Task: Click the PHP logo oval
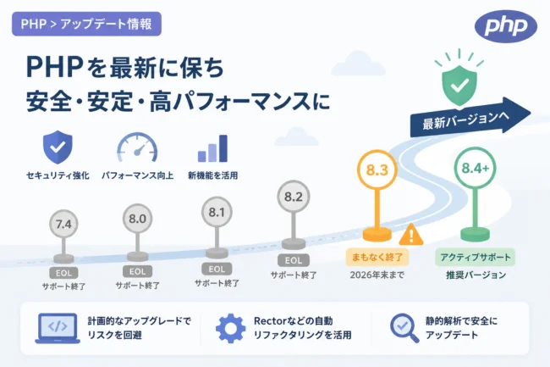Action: pos(505,26)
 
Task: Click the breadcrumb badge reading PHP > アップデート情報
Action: pos(86,24)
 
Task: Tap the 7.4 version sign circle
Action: pos(63,224)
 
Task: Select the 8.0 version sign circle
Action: pos(137,219)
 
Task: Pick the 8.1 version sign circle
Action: pos(217,212)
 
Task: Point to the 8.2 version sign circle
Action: pos(294,197)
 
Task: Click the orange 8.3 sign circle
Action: pos(377,170)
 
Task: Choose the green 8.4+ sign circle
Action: pos(475,168)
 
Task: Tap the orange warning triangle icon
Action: pos(410,235)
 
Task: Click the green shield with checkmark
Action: pos(459,85)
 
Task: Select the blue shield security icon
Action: pos(58,147)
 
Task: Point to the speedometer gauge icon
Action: pos(137,147)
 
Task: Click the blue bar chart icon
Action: pos(212,148)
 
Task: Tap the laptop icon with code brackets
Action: pos(58,328)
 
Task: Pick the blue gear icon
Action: pos(230,328)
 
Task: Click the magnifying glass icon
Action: pos(404,328)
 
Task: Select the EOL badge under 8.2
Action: pos(294,260)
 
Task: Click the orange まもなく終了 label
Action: pos(377,257)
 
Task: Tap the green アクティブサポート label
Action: pos(476,257)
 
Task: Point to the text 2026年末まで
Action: pos(377,275)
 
